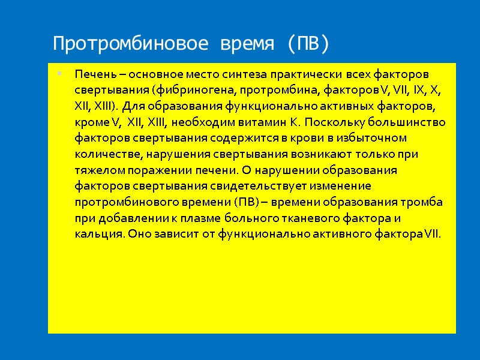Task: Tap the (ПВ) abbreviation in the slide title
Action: [307, 44]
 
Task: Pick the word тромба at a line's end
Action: [423, 202]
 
